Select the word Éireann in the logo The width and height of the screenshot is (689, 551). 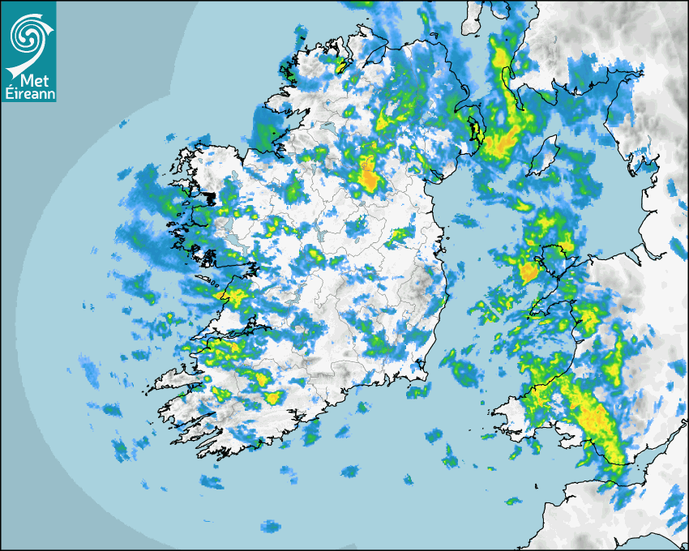[x=28, y=94]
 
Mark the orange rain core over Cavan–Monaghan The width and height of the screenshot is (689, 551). [x=370, y=177]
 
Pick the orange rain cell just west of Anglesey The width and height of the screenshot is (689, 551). [x=529, y=272]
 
